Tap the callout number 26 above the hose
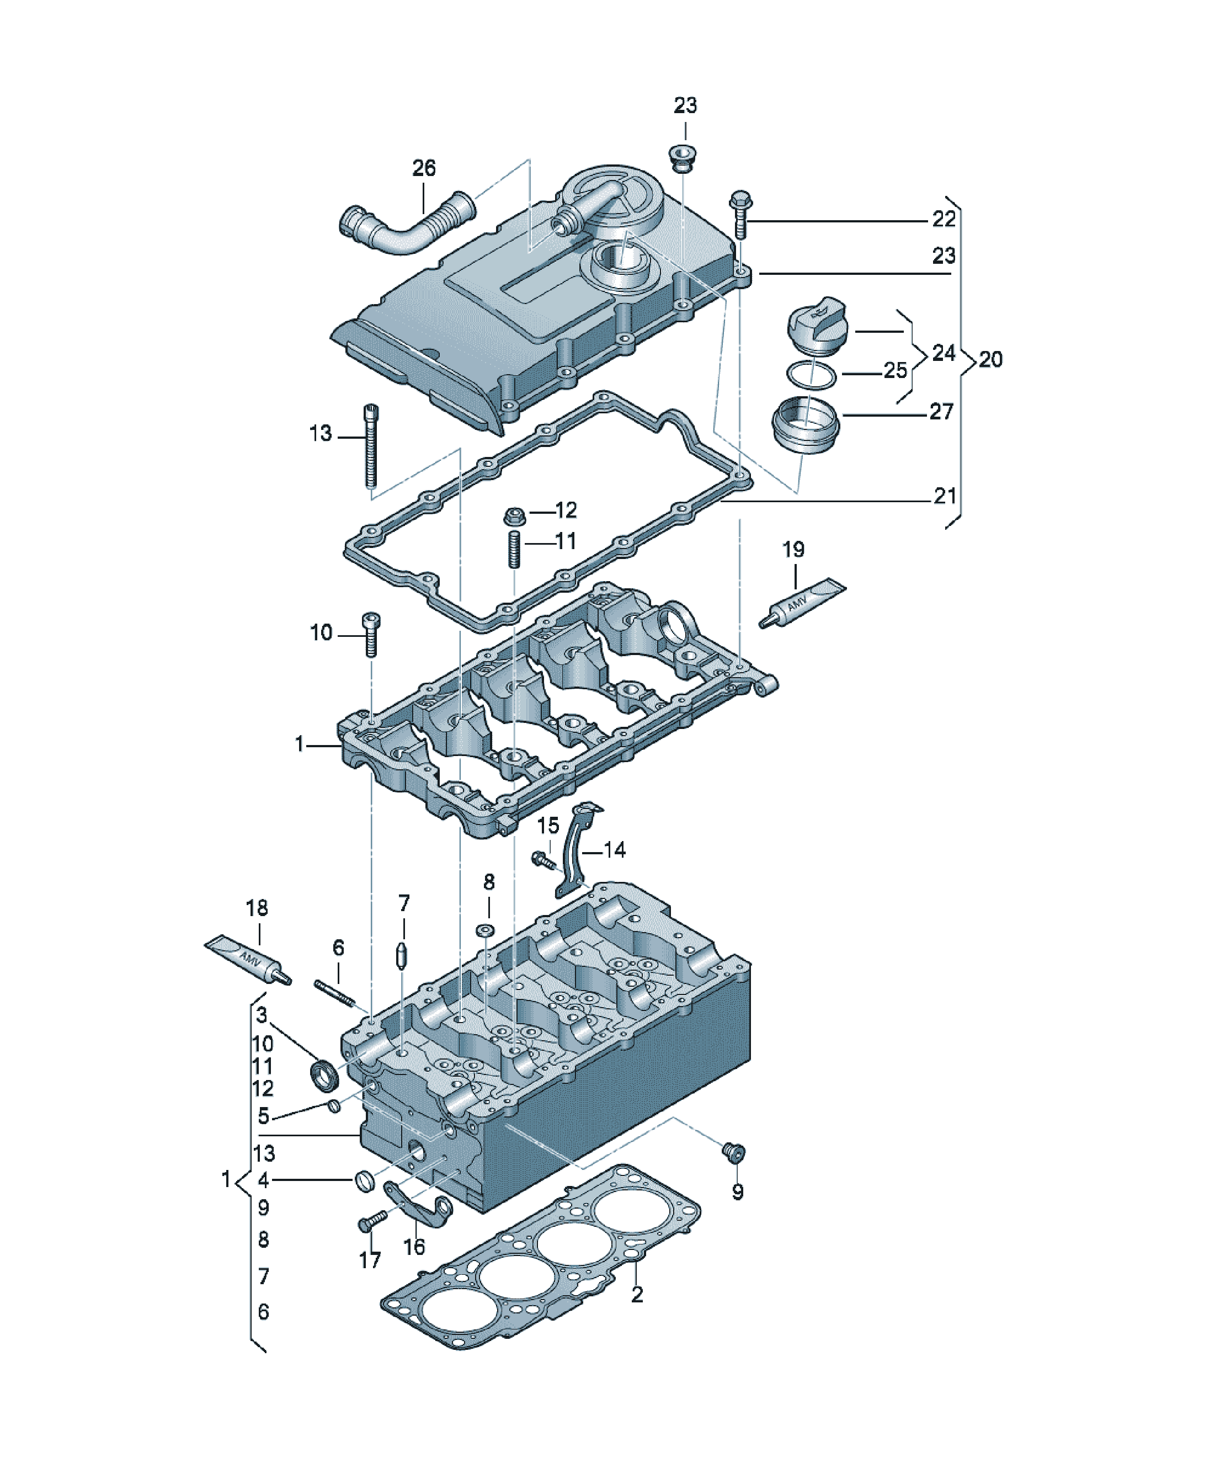pos(424,168)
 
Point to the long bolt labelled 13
pos(371,446)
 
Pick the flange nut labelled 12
pos(514,517)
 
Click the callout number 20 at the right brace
pos(990,359)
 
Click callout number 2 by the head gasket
pos(637,1295)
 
